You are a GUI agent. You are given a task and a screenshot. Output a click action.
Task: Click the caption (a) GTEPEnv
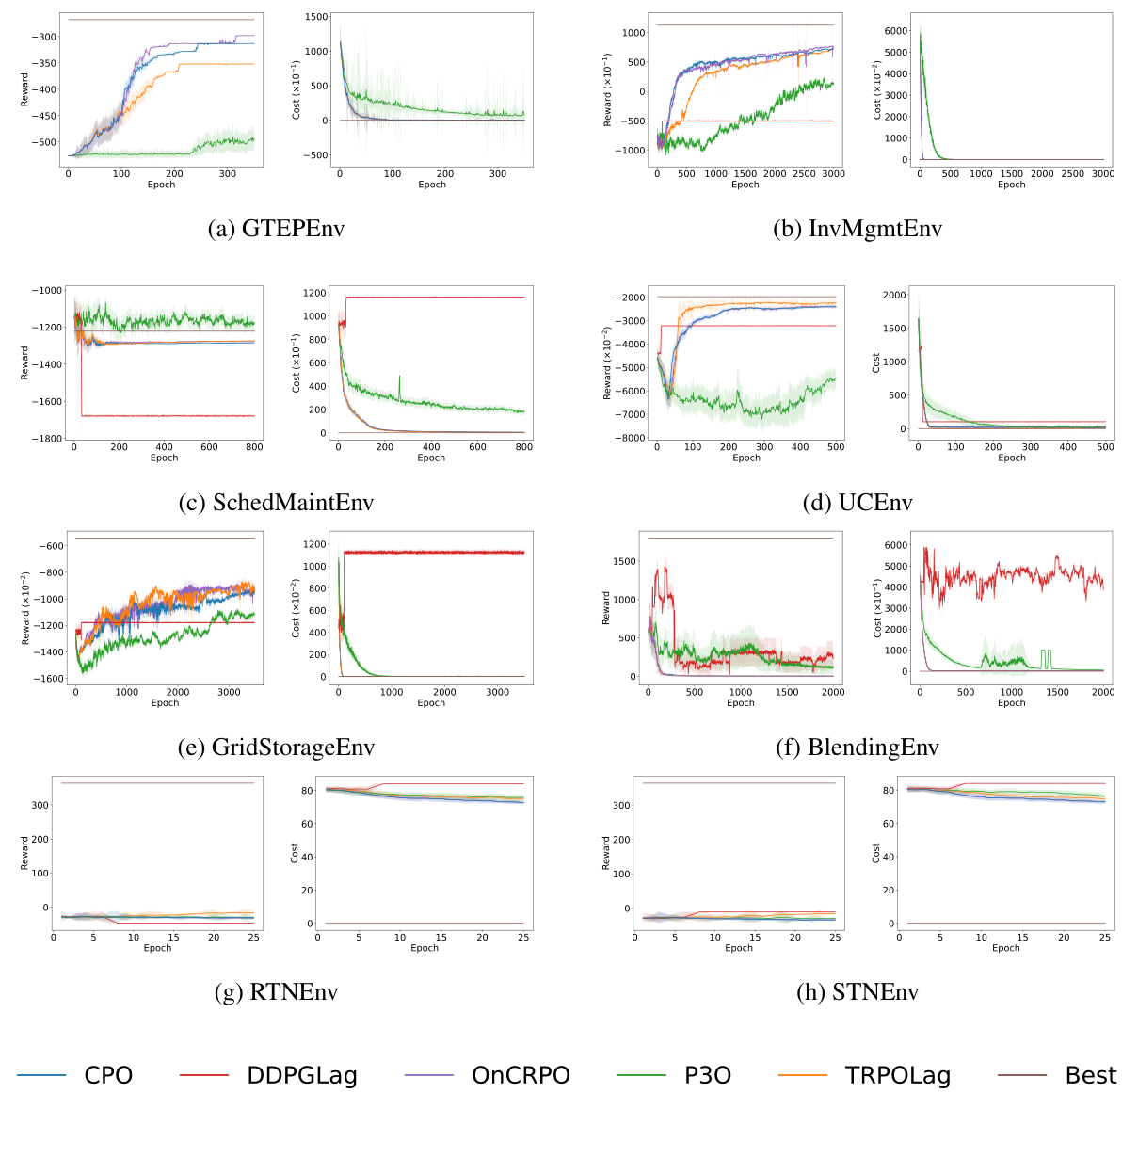(276, 229)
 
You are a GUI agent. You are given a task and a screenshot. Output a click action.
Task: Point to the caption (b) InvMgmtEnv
(858, 229)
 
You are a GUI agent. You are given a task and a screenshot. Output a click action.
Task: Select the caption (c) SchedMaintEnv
(276, 502)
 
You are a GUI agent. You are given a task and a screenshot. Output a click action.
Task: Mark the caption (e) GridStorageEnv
(276, 748)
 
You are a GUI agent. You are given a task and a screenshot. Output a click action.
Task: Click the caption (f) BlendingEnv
(858, 748)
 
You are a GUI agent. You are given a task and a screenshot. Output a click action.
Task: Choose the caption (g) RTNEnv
(276, 992)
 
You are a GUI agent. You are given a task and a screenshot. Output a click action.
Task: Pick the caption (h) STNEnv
(858, 992)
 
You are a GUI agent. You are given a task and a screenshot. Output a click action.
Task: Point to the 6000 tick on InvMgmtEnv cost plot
(896, 31)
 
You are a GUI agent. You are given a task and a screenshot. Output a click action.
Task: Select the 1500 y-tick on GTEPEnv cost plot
(316, 17)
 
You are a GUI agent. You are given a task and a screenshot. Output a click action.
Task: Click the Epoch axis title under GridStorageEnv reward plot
(165, 703)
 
